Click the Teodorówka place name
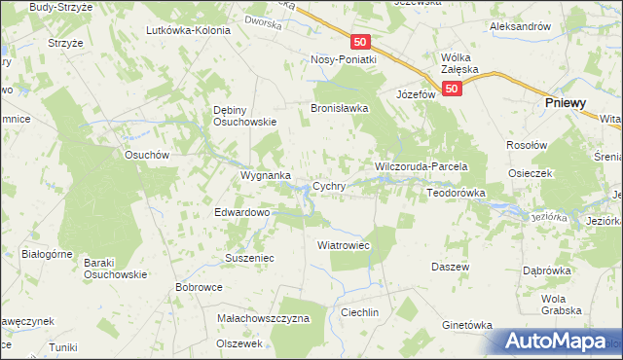pyautogui.click(x=456, y=194)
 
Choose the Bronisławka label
pyautogui.click(x=339, y=108)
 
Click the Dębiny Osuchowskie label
pyautogui.click(x=245, y=116)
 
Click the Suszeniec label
pyautogui.click(x=251, y=260)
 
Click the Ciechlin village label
pyautogui.click(x=359, y=312)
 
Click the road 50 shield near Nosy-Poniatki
pyautogui.click(x=361, y=42)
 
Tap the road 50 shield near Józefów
pyautogui.click(x=451, y=89)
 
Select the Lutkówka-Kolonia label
pyautogui.click(x=188, y=30)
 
